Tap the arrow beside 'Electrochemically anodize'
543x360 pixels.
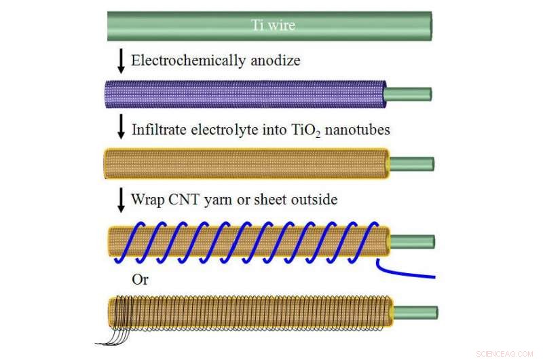[x=121, y=61]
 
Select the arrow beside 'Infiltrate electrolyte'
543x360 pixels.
[x=121, y=128]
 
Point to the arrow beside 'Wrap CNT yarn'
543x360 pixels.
[x=121, y=200]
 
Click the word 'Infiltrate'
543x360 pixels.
[x=157, y=129]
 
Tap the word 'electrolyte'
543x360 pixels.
[x=219, y=129]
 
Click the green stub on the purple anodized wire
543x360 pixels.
[x=409, y=94]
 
